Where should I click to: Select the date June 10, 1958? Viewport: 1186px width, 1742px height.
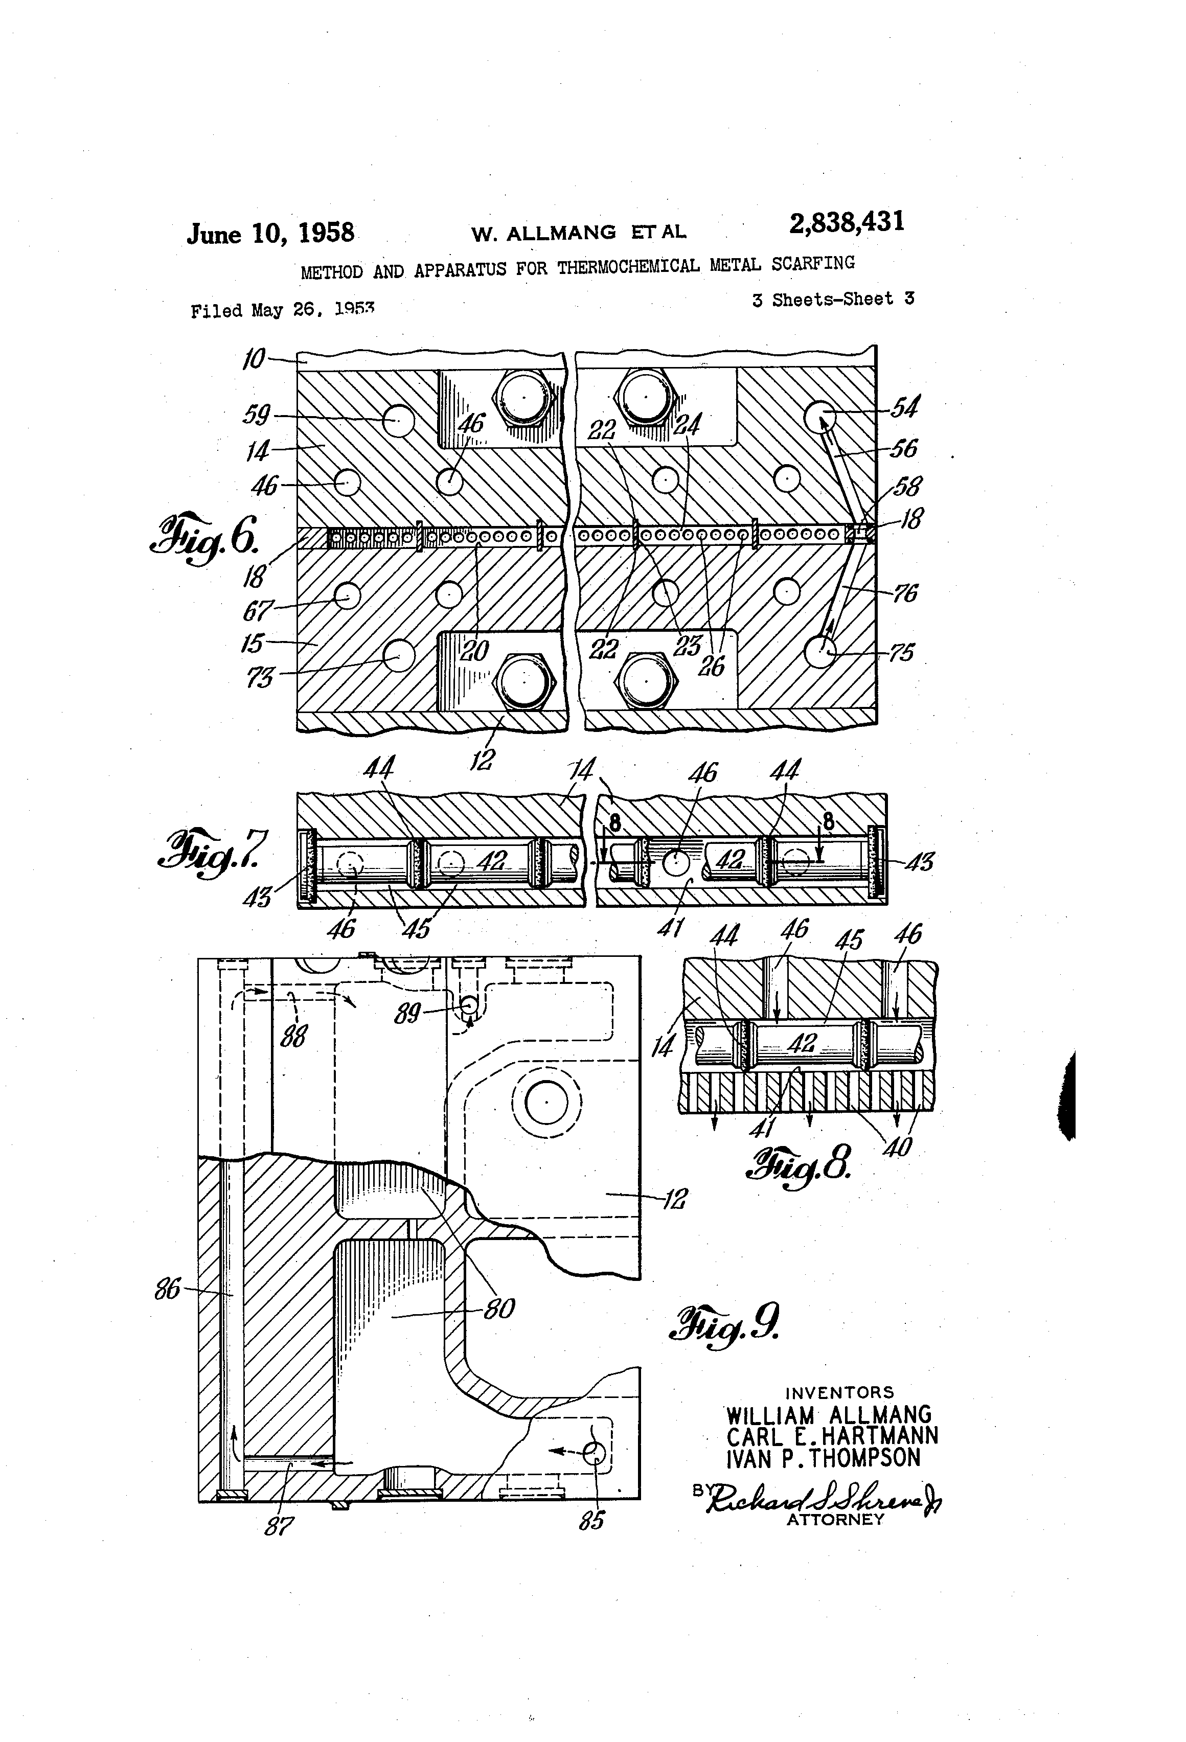[270, 233]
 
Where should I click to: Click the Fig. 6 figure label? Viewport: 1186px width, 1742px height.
[206, 535]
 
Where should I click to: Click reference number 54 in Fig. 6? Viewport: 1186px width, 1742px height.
[905, 408]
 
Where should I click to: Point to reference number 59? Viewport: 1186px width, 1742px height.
[257, 415]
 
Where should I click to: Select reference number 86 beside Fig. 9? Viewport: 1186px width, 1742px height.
[167, 1289]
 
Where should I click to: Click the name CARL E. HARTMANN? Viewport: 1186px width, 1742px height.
[832, 1435]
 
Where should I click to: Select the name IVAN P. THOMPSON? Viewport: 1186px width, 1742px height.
[823, 1458]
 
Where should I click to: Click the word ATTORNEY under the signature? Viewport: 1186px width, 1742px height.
[835, 1519]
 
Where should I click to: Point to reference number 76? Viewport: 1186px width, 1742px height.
[905, 593]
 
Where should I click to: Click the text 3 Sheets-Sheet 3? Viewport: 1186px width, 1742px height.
[833, 299]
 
